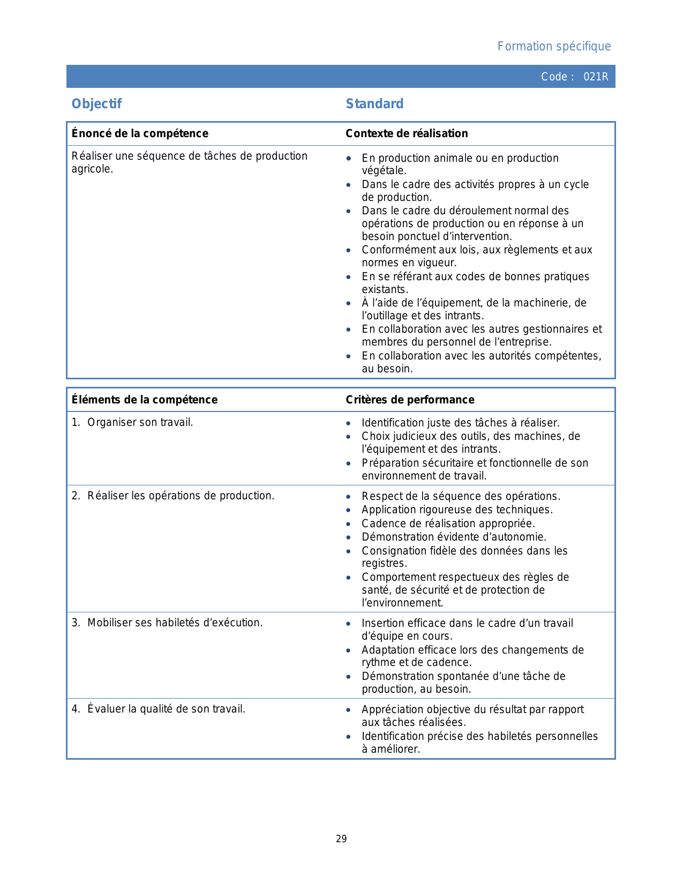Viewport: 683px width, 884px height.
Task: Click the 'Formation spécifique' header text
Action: [554, 47]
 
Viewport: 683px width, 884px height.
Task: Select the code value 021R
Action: [596, 77]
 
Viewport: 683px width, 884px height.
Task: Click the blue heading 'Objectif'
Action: [97, 104]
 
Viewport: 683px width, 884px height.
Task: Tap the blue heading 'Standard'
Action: [374, 104]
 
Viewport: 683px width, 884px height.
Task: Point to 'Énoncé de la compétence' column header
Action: [140, 133]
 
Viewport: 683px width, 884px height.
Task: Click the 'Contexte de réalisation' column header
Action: [407, 133]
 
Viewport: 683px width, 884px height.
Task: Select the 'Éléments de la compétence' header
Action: [145, 400]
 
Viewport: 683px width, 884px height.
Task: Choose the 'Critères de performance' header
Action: [410, 400]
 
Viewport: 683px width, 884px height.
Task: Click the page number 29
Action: [341, 839]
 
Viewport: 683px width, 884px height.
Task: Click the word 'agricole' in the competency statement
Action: [91, 169]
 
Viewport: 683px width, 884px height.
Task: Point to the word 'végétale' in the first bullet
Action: [383, 171]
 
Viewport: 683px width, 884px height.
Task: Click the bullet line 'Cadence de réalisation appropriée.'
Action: [448, 523]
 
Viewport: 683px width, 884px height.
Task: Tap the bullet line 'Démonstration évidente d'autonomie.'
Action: [454, 537]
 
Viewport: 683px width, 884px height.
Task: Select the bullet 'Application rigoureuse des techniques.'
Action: [457, 510]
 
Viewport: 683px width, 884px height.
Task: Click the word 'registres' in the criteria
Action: [383, 564]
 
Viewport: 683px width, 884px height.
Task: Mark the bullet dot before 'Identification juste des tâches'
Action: [349, 423]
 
